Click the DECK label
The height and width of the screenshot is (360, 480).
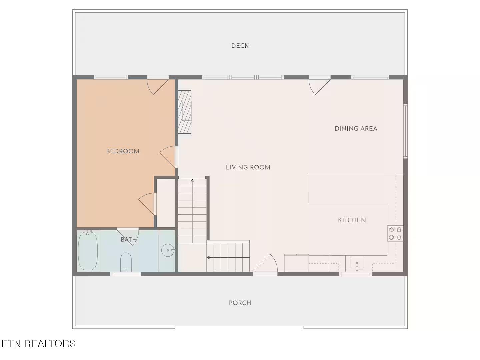(x=240, y=46)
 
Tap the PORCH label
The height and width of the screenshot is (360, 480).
(x=240, y=303)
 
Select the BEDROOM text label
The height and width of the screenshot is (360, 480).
(x=123, y=151)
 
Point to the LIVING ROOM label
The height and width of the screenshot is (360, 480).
(x=248, y=167)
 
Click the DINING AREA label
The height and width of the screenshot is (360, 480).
(x=356, y=129)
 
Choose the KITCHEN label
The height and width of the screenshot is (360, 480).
(x=352, y=220)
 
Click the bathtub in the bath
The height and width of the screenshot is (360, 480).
(x=88, y=251)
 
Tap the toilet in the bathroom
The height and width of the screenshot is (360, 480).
(x=126, y=262)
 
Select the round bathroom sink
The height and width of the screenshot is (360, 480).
(x=168, y=250)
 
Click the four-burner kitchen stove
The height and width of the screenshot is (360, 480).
(x=395, y=233)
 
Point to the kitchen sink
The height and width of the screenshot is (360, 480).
(x=357, y=263)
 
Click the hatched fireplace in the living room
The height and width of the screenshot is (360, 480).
(x=184, y=112)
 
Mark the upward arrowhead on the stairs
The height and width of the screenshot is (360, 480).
(x=192, y=181)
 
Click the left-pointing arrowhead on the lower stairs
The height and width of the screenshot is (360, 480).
(x=208, y=257)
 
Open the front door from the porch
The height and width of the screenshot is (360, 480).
(x=265, y=264)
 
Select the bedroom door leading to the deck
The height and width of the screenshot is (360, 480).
(x=158, y=85)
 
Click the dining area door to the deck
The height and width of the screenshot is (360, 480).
(x=319, y=85)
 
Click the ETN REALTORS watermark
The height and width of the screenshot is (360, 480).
(x=38, y=343)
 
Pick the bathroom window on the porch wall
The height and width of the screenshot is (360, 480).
(x=126, y=274)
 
